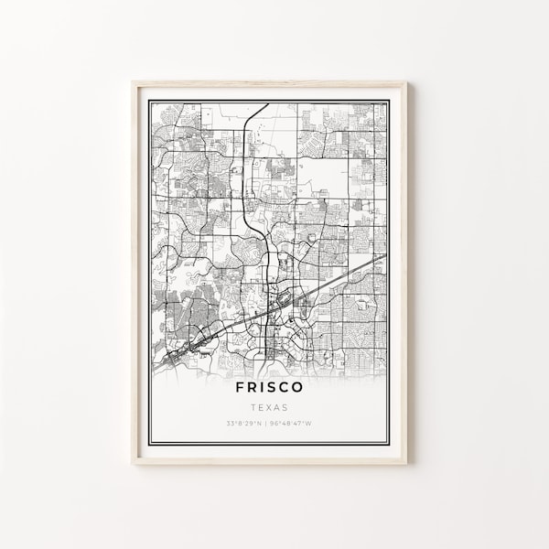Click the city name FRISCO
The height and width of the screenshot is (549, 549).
tap(269, 388)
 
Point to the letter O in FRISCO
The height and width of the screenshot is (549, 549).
tap(305, 388)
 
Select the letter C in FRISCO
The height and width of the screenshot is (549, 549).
tap(290, 388)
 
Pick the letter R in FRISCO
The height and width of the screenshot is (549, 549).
tap(248, 388)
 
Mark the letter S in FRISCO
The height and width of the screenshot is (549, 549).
tap(274, 388)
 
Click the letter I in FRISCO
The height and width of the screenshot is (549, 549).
tap(262, 388)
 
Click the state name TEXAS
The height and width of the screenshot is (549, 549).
tap(269, 407)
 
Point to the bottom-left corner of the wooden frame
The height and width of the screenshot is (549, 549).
tap(133, 463)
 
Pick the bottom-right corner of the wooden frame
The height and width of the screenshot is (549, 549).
tap(406, 463)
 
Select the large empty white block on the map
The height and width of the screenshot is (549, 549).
tap(325, 178)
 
